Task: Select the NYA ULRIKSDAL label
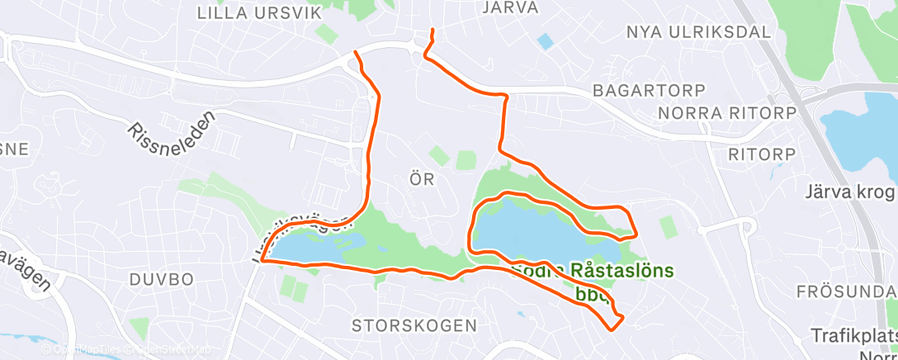tap(698, 32)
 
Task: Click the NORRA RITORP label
tap(727, 112)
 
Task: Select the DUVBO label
tap(161, 279)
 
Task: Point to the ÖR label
tap(422, 178)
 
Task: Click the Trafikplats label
tap(853, 336)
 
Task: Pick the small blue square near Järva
tap(546, 40)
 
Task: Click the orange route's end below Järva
tap(432, 31)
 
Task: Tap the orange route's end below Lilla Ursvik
tap(356, 53)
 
